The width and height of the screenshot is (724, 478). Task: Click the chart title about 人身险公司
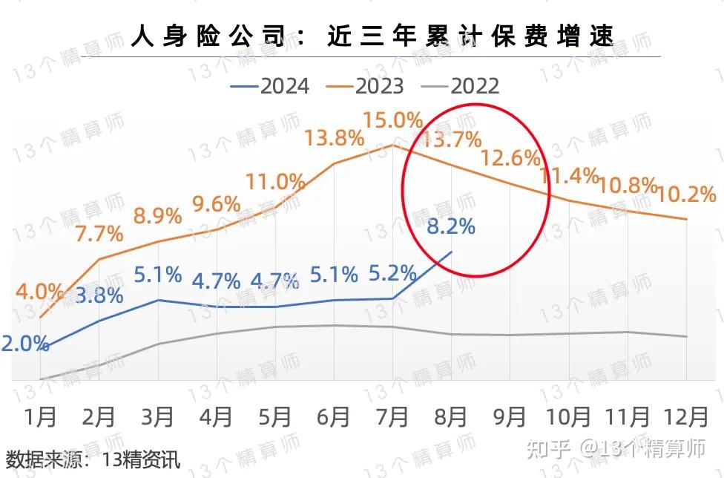pyautogui.click(x=372, y=36)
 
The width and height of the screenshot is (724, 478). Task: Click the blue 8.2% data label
pyautogui.click(x=450, y=226)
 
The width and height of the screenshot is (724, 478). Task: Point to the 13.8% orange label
pyautogui.click(x=334, y=137)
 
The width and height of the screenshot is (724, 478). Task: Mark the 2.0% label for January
pyautogui.click(x=24, y=344)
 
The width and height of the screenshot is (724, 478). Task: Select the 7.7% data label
pyautogui.click(x=99, y=235)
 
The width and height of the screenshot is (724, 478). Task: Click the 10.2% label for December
pyautogui.click(x=687, y=194)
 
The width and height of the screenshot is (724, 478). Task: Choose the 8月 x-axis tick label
pyautogui.click(x=451, y=417)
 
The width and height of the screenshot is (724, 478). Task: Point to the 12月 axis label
pyautogui.click(x=687, y=417)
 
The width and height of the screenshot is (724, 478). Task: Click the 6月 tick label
pyautogui.click(x=334, y=417)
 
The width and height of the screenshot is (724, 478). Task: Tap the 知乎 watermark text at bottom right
pyautogui.click(x=547, y=448)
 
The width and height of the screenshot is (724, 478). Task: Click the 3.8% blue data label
pyautogui.click(x=99, y=295)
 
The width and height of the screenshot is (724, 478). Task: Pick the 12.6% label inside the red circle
pyautogui.click(x=510, y=158)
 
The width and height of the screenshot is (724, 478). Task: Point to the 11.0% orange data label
pyautogui.click(x=275, y=181)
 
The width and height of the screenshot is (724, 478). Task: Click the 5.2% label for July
pyautogui.click(x=392, y=274)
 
